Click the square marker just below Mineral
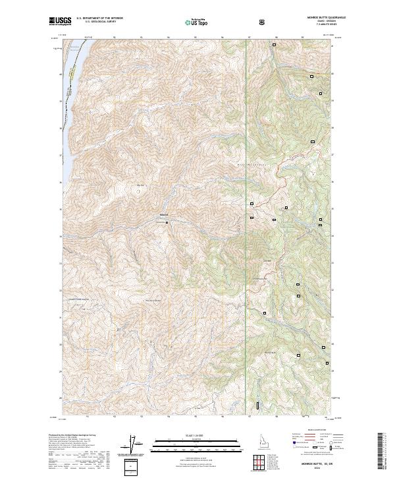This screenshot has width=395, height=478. point(167,222)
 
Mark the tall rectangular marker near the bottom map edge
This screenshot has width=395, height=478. point(257,404)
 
